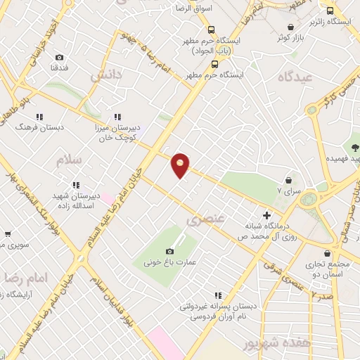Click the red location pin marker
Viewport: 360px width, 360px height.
click(x=181, y=165)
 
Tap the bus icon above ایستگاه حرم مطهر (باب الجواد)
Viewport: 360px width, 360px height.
click(x=211, y=30)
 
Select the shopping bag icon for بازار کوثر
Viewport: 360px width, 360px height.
click(x=290, y=27)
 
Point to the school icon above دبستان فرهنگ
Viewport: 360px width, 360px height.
click(x=40, y=117)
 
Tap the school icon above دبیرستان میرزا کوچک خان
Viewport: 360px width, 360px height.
click(x=117, y=117)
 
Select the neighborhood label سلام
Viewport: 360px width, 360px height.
click(x=71, y=160)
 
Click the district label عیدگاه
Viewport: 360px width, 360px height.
click(x=295, y=76)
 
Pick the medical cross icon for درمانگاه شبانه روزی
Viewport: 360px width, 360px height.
click(x=266, y=215)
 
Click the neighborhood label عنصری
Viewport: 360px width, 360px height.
click(x=206, y=220)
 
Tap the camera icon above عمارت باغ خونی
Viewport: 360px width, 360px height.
click(x=169, y=252)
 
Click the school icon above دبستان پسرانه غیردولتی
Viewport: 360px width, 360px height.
click(x=218, y=295)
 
